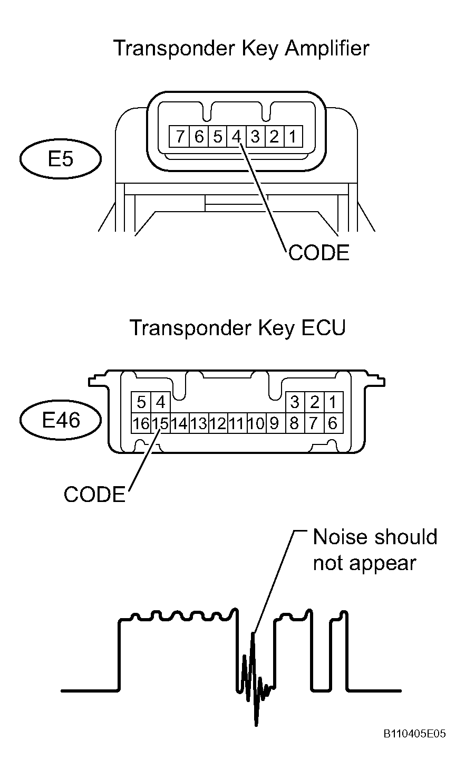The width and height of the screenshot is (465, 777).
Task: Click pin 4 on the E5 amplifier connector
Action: point(236,136)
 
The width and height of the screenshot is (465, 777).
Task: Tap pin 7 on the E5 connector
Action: point(179,136)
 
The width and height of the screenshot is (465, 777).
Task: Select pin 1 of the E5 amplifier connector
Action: point(293,136)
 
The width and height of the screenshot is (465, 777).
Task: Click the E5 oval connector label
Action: point(61,159)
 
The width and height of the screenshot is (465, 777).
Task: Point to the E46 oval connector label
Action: point(61,420)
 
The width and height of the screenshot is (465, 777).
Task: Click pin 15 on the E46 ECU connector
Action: point(160,423)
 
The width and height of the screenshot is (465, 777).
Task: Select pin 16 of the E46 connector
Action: point(141,423)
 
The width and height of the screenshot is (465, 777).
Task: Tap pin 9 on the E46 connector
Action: point(274,423)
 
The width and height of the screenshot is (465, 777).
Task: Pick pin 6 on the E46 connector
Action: point(333,423)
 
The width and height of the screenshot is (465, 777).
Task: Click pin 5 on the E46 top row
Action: point(141,402)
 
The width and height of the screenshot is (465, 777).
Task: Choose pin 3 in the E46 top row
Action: point(295,402)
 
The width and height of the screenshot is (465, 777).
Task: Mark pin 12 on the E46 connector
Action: point(218,423)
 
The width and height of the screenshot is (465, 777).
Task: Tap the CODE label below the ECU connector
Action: point(94,494)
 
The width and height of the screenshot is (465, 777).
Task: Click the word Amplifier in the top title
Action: point(327,48)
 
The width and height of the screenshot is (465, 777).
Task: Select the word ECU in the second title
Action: point(323,328)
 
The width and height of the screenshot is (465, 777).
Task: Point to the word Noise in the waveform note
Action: point(340,537)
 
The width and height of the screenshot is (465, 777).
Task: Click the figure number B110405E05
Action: point(414,734)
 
